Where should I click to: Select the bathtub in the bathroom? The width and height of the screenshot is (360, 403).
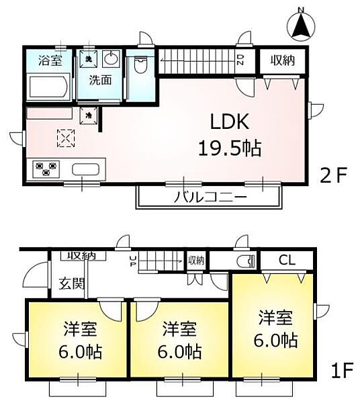click(x=48, y=87)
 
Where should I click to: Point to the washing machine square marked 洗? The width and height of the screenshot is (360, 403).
click(x=89, y=58)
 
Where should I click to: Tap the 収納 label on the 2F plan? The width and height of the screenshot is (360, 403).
click(x=283, y=60)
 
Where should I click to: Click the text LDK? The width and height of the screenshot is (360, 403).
click(x=230, y=122)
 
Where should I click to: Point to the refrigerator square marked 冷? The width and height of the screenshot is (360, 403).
click(x=89, y=116)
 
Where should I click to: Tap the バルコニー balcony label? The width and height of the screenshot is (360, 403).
click(x=210, y=197)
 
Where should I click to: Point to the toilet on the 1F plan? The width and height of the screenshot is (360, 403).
click(x=244, y=261)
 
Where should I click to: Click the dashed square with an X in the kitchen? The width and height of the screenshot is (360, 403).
click(x=64, y=138)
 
